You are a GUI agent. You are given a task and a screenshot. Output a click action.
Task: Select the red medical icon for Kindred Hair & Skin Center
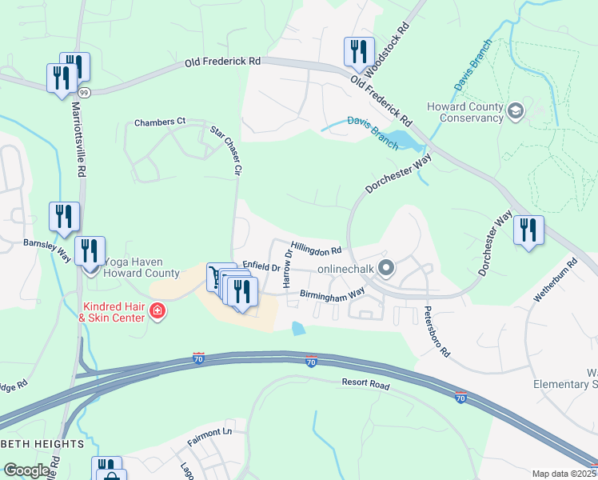click(157, 310)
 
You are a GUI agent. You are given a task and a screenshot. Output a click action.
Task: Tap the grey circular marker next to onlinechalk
click(386, 268)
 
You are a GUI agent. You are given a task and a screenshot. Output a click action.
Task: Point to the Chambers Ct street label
click(159, 122)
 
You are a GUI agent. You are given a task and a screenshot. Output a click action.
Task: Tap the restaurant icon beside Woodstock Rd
click(357, 52)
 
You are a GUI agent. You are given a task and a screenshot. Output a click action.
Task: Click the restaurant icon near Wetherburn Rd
click(528, 230)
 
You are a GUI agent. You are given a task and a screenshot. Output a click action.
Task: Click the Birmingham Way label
click(332, 294)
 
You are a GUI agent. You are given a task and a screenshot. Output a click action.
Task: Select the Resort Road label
click(365, 385)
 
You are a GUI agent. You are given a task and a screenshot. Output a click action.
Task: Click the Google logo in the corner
click(27, 470)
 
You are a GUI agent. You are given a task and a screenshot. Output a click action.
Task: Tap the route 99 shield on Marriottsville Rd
click(85, 93)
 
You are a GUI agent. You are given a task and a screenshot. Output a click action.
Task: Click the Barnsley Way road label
click(46, 248)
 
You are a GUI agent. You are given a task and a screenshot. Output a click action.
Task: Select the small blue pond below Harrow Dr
click(298, 328)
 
